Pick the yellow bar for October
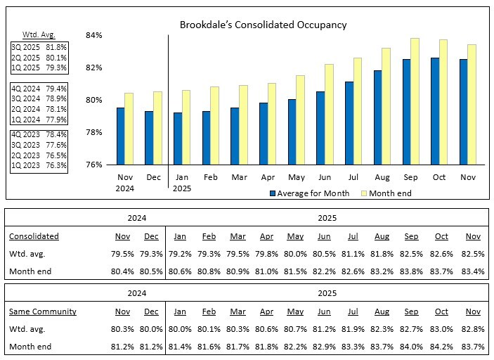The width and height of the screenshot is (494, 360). (443, 102)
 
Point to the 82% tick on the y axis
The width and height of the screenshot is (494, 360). (94, 67)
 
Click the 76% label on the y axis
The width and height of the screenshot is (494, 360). (94, 165)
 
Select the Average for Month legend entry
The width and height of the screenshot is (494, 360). (309, 193)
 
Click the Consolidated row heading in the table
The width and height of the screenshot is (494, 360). (34, 236)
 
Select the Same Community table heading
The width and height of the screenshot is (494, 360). (43, 311)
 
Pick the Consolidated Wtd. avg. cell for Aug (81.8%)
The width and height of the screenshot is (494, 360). (381, 254)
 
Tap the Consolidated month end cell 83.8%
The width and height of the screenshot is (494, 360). (412, 271)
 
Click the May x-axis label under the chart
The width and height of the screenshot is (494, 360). (296, 178)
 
